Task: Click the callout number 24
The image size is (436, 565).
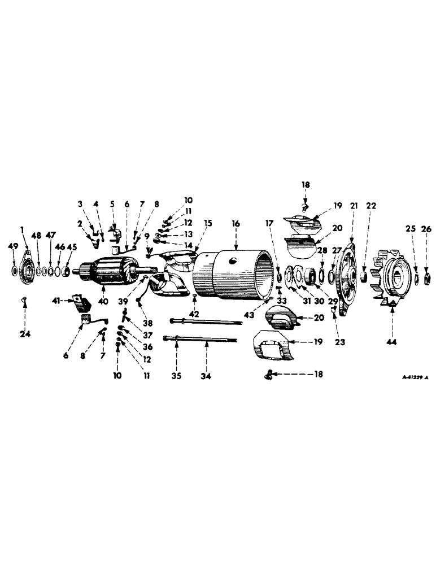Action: pyautogui.click(x=24, y=333)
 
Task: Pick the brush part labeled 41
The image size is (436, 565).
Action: pyautogui.click(x=82, y=304)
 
